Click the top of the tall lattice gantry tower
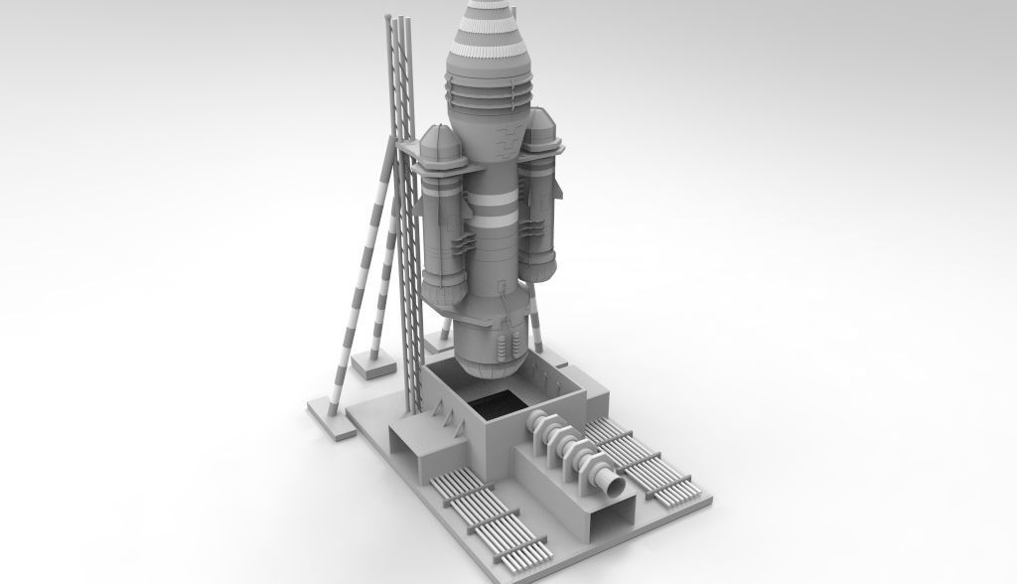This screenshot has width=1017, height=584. click(x=400, y=22)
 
